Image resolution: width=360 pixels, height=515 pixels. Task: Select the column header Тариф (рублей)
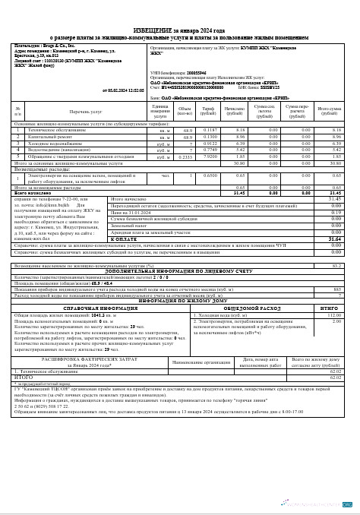click(x=207, y=112)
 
